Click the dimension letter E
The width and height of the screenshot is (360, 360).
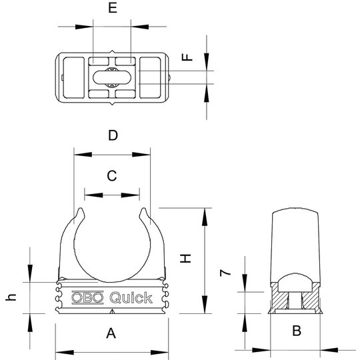pos(113,8)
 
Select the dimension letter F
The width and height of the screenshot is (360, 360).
pos(187,57)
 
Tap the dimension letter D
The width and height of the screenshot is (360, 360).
pos(113,135)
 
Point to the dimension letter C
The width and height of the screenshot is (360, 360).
pos(112,176)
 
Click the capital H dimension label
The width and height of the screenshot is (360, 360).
pos(185,259)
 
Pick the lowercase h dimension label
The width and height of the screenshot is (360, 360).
pos(11,297)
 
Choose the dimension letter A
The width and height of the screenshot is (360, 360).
pos(111,333)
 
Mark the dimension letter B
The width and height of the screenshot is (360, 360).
pos(297,331)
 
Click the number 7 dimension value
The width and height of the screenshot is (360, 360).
pos(225,273)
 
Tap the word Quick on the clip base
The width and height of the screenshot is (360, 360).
pos(131,297)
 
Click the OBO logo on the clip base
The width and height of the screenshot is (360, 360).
pos(87,297)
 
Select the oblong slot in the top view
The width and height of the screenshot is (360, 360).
pos(112,77)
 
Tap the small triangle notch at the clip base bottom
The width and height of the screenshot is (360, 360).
pos(112,311)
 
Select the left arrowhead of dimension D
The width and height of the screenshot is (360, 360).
pos(83,155)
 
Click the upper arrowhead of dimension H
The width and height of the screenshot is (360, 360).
pos(205,217)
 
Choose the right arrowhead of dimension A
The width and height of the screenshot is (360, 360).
pos(159,353)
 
